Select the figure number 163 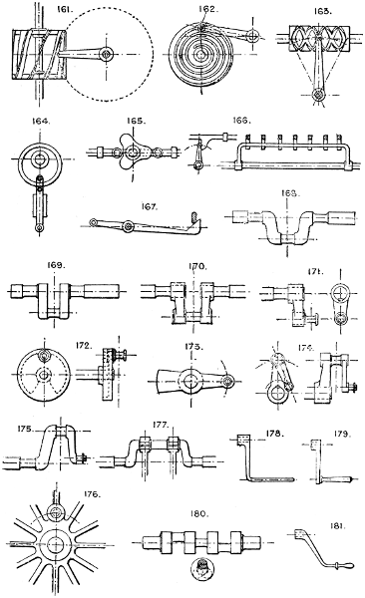322,12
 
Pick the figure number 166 241,121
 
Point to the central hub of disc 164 40,158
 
